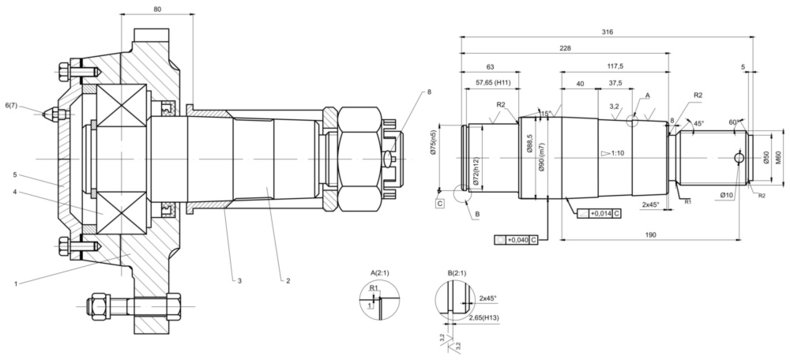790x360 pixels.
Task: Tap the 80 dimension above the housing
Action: [158, 10]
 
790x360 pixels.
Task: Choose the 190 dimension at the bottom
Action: [650, 234]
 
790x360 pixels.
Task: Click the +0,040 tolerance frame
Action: [518, 240]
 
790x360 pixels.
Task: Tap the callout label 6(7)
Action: [10, 104]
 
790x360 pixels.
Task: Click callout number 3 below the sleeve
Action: [239, 281]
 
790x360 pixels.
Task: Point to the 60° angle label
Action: [735, 121]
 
